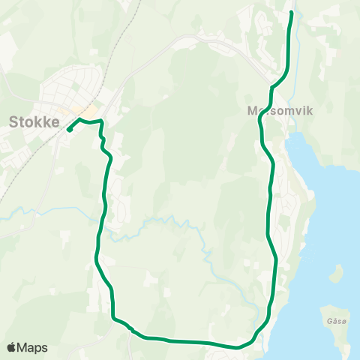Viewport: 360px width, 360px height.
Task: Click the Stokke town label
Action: click(x=34, y=121)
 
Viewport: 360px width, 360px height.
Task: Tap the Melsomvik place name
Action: click(x=279, y=109)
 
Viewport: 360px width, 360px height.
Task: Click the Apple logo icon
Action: click(x=11, y=347)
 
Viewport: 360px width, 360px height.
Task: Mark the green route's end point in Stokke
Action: click(x=69, y=130)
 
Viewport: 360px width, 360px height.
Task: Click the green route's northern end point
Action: click(x=291, y=13)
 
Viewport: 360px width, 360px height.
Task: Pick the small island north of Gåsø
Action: click(x=337, y=272)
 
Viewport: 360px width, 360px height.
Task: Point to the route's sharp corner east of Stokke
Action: click(x=100, y=121)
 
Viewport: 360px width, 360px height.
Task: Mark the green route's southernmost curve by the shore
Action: click(x=238, y=347)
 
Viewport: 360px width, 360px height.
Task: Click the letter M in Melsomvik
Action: click(x=253, y=109)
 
